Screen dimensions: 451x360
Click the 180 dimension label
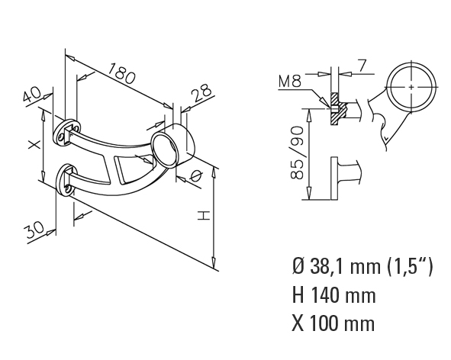tap(121, 74)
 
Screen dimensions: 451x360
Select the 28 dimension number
tap(202, 92)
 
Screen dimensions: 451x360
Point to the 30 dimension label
tap(34, 230)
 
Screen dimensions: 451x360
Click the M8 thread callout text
tap(290, 81)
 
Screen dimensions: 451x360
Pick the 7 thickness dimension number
tap(362, 66)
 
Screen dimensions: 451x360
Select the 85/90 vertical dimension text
tap(297, 153)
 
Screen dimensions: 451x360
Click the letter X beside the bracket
tap(35, 145)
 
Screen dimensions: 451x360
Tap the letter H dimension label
tap(205, 216)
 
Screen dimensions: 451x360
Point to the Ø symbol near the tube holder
tap(196, 175)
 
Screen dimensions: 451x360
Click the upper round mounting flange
tap(66, 131)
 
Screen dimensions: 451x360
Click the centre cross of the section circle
tap(411, 87)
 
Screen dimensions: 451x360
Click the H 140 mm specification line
tap(333, 295)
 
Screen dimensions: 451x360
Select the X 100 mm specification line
tap(333, 323)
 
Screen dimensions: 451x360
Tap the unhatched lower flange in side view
tap(334, 178)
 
